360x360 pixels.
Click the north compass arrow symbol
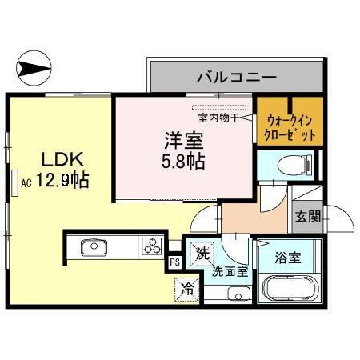pos(34,68)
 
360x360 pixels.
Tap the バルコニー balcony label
pos(237,78)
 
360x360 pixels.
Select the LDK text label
pos(62,159)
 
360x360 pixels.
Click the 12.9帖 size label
pos(62,180)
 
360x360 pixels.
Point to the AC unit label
pos(26,183)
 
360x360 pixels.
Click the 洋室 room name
pos(184,141)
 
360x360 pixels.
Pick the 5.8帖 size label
pos(183,162)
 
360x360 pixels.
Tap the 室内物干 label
pos(218,118)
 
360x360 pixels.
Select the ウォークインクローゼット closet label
pos(290,128)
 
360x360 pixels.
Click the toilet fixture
pos(294,166)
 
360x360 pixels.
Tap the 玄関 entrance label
pos(308,216)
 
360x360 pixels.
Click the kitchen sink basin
pos(94,247)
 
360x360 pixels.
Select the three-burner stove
pos(152,246)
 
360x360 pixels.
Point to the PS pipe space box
pos(175,262)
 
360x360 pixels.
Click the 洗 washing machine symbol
pos(202,254)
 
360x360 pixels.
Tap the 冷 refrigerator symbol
pos(187,290)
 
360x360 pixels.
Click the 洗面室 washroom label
pos(230,272)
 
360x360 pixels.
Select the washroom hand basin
pos(239,294)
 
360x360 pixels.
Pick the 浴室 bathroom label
pos(288,258)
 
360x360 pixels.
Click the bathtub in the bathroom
pos(290,289)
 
